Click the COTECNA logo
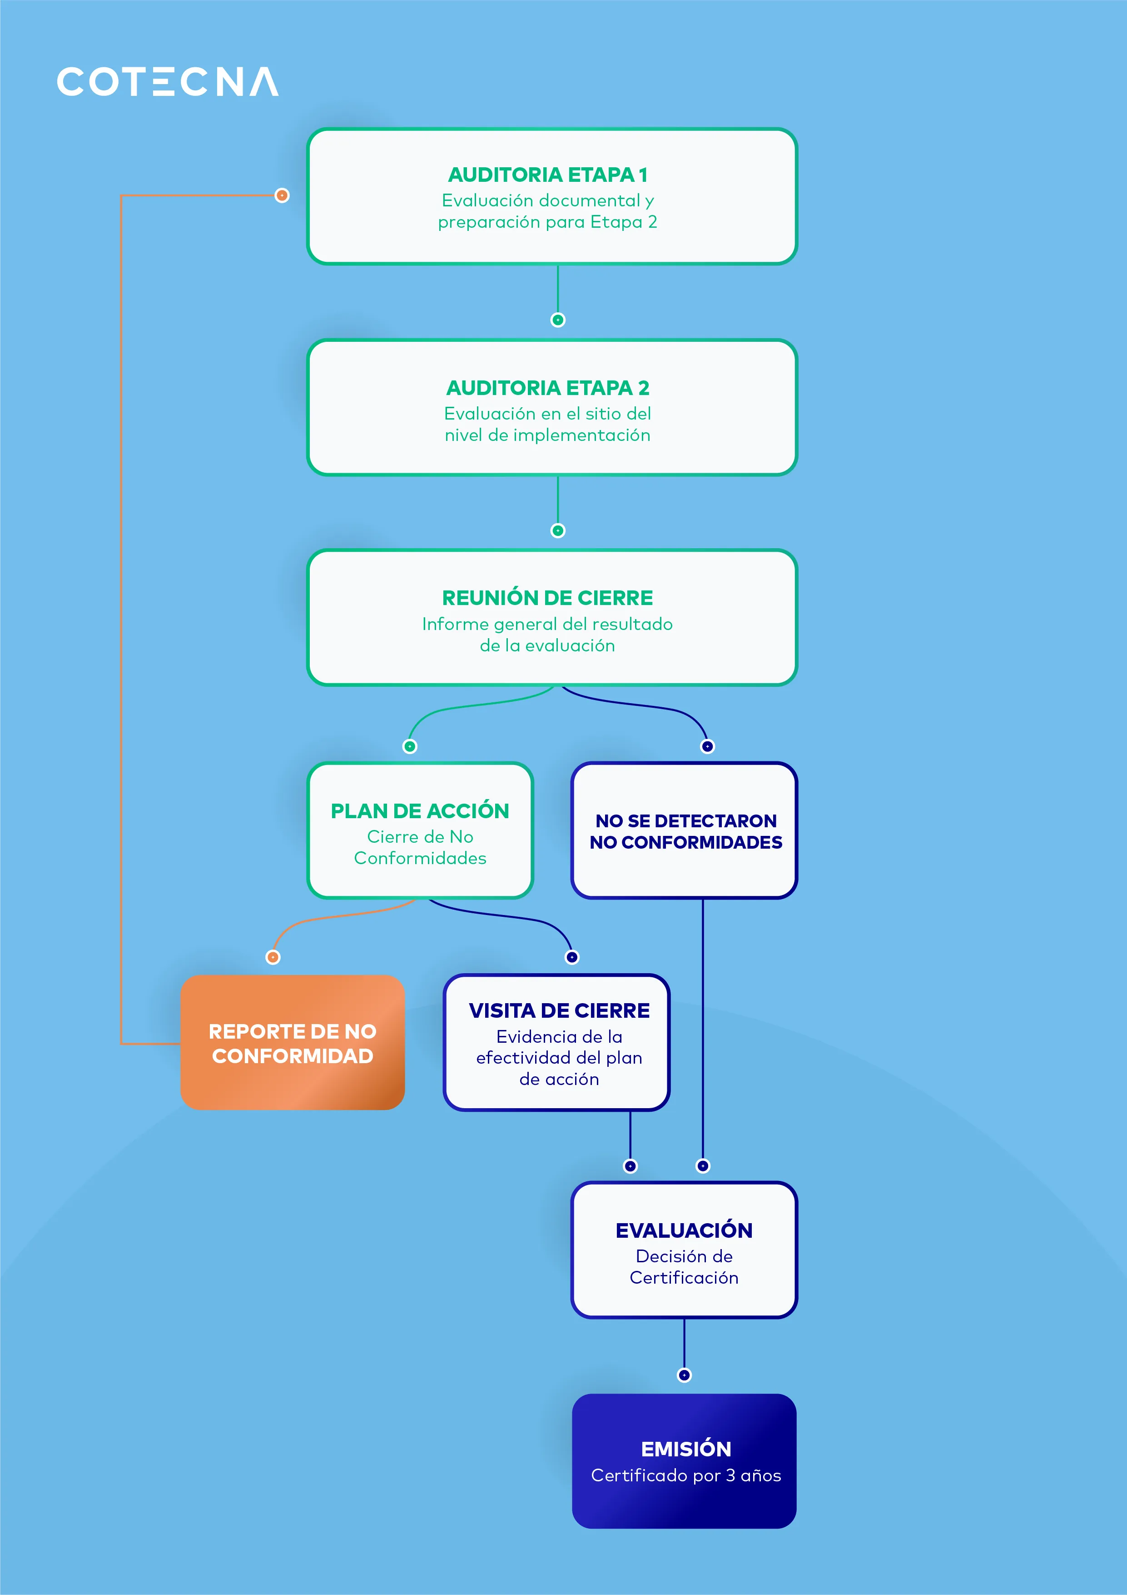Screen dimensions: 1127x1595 [167, 81]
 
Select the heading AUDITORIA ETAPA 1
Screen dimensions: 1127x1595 [548, 175]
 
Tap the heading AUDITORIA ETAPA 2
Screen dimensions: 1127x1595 [548, 388]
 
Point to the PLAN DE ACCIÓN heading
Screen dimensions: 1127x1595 [420, 811]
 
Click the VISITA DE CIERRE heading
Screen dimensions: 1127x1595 [559, 1011]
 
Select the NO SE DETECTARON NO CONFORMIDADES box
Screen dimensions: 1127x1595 [685, 831]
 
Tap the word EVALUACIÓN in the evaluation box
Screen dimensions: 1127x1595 [684, 1230]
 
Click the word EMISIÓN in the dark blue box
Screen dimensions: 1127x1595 [686, 1449]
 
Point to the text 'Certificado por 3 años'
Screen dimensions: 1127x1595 [686, 1475]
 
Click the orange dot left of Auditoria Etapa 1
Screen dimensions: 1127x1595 [282, 195]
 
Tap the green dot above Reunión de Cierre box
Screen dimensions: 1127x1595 [558, 531]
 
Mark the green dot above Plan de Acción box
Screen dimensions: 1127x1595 [410, 746]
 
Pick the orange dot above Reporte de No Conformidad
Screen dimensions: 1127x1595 [273, 957]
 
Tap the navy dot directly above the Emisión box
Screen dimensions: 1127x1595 [684, 1375]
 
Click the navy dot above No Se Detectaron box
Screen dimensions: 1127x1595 [708, 746]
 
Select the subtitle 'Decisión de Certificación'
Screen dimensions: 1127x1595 [684, 1267]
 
